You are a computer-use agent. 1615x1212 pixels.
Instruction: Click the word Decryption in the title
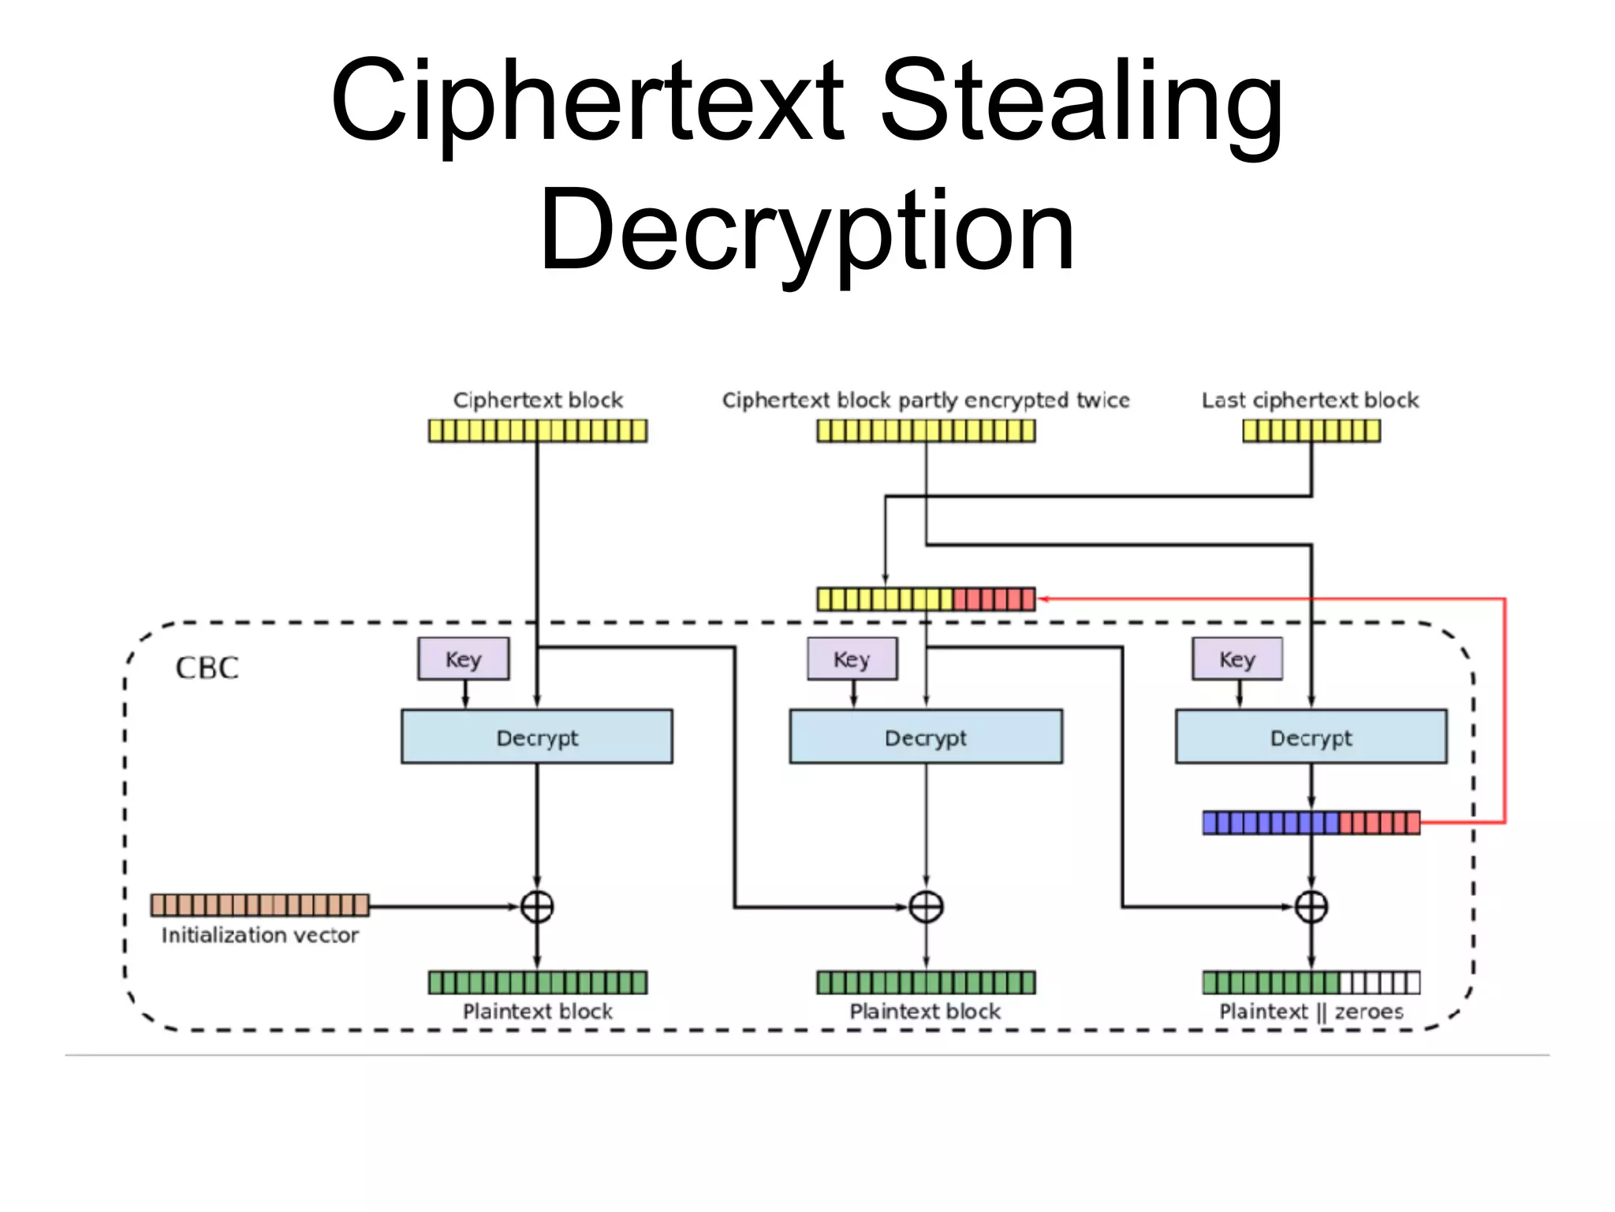[806, 230]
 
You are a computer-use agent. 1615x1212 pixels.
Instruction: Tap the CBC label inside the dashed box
[207, 668]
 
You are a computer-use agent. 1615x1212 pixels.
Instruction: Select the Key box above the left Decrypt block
[463, 659]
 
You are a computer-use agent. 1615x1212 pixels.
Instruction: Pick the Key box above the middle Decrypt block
[852, 659]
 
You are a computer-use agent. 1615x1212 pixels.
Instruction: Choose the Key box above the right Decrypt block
[1236, 659]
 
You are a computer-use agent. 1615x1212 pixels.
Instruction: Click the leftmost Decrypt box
[536, 737]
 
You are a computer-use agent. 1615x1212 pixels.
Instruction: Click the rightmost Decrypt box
[1311, 737]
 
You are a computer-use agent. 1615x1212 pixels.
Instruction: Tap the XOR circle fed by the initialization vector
[537, 907]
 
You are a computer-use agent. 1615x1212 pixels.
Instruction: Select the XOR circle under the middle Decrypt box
[926, 907]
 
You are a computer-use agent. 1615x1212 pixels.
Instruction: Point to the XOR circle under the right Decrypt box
[1311, 907]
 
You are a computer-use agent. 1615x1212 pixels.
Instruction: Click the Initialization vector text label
[259, 936]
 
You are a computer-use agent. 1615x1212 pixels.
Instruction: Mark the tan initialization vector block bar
[259, 905]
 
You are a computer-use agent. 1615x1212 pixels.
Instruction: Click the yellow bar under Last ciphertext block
[1311, 431]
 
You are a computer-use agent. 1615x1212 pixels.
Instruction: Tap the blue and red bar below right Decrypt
[1311, 823]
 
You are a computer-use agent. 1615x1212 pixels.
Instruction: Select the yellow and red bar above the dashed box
[926, 600]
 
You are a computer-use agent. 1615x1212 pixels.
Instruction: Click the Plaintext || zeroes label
[1311, 1012]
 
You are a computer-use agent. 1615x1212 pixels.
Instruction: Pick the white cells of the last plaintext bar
[1379, 983]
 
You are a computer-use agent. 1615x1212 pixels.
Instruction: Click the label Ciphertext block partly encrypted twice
[926, 401]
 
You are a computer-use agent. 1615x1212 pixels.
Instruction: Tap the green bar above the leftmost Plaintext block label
[537, 983]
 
